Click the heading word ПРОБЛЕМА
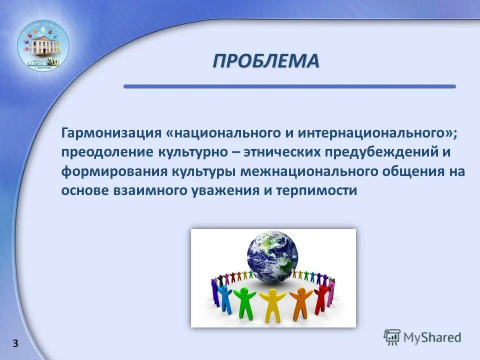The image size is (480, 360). tap(265, 61)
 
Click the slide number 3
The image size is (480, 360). tap(15, 343)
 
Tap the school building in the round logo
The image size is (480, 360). tap(43, 46)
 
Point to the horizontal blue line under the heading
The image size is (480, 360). tap(289, 86)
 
